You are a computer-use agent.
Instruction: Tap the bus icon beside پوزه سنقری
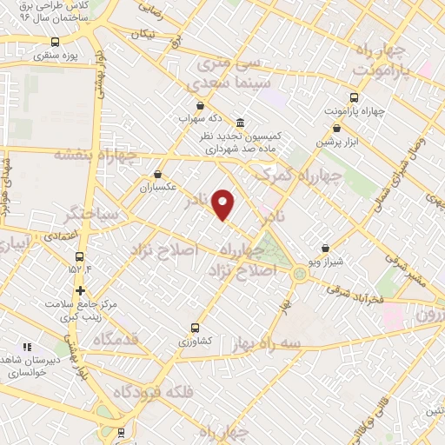coord(56,41)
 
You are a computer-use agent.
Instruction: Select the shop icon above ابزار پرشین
coord(336,128)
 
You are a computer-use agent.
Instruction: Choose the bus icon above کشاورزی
coord(195,329)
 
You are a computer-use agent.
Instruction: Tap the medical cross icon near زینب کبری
coord(80,290)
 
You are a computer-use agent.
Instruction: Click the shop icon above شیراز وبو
coord(326,248)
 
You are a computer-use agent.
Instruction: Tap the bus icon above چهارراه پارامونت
coord(354,97)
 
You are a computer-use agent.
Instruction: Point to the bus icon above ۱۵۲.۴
coord(80,256)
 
